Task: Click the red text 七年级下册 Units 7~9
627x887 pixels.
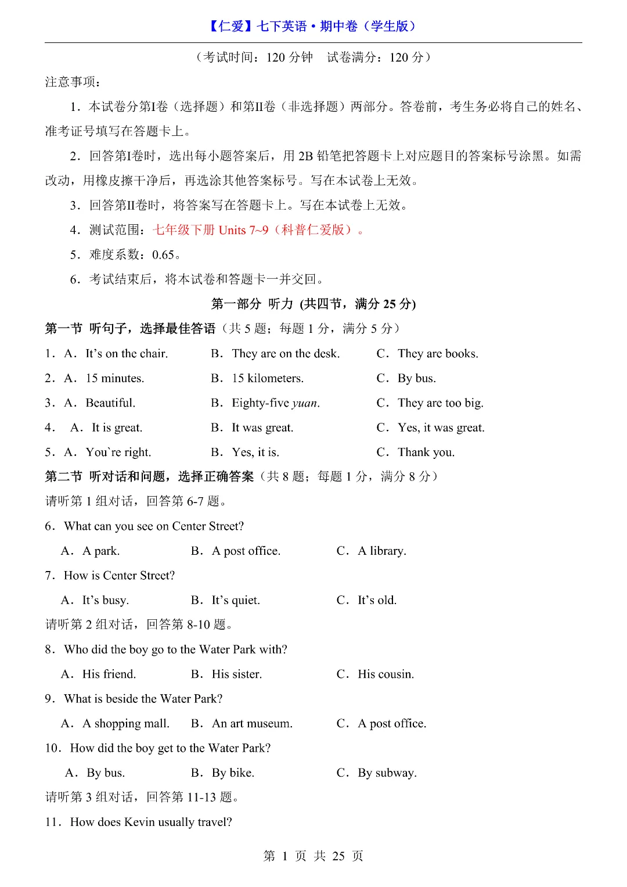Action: [x=210, y=230]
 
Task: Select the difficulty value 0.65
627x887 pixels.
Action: [x=163, y=254]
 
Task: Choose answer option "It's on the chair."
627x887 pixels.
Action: [x=127, y=353]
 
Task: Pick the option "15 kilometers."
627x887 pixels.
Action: [x=268, y=378]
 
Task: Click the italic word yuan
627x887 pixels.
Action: [x=305, y=403]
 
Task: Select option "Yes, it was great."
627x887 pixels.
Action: [x=441, y=428]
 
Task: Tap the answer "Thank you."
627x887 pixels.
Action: [x=426, y=452]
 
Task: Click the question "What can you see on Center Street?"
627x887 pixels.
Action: [x=154, y=526]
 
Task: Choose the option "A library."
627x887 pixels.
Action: [x=381, y=551]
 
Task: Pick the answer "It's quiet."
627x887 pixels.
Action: [x=236, y=600]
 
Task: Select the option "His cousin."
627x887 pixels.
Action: [x=385, y=674]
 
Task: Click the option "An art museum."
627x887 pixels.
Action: [x=252, y=723]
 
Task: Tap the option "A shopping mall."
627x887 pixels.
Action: [x=126, y=723]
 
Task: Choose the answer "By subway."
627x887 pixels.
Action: [x=387, y=773]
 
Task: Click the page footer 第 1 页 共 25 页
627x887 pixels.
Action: [x=313, y=856]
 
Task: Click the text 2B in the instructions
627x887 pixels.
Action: [x=306, y=156]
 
